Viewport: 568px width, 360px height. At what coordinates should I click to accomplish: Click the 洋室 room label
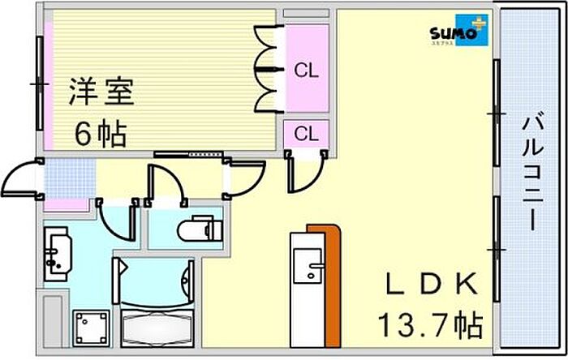(101, 89)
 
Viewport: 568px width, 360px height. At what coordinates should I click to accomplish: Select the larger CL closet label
(306, 71)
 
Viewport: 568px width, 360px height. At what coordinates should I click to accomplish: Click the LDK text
(429, 285)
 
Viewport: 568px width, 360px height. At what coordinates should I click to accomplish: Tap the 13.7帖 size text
(429, 326)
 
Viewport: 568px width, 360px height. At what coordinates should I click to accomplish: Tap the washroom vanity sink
(58, 253)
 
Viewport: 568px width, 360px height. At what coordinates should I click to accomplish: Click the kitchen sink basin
(309, 264)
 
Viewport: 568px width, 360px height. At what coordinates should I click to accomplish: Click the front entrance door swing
(22, 180)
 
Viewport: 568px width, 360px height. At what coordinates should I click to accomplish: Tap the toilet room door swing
(164, 182)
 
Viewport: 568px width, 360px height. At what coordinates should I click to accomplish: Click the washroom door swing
(116, 221)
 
